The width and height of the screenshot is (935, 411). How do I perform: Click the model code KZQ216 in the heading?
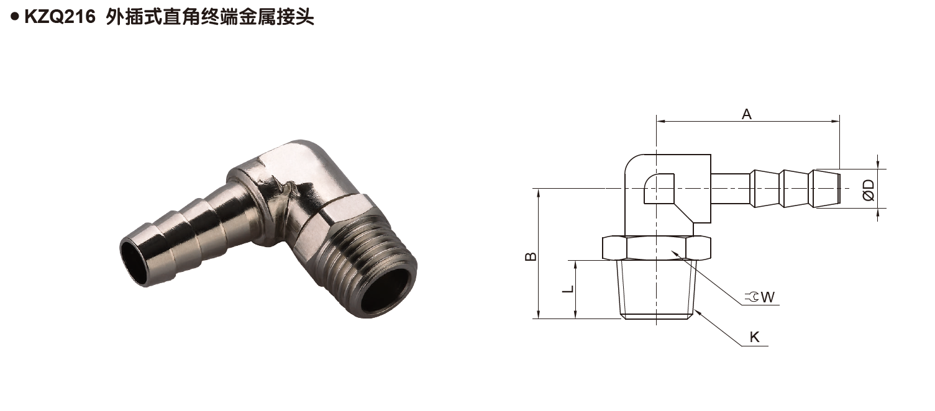[59, 18]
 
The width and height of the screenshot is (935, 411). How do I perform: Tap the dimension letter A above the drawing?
[747, 114]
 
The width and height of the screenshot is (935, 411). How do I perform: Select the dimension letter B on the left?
[530, 256]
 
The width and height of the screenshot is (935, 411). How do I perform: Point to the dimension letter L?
[567, 290]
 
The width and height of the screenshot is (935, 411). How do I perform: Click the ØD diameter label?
[869, 189]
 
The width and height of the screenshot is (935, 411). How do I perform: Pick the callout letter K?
[754, 337]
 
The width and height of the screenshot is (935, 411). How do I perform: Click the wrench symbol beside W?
[754, 297]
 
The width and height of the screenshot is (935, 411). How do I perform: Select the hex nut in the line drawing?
[656, 248]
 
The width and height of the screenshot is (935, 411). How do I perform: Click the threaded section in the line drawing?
[656, 289]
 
